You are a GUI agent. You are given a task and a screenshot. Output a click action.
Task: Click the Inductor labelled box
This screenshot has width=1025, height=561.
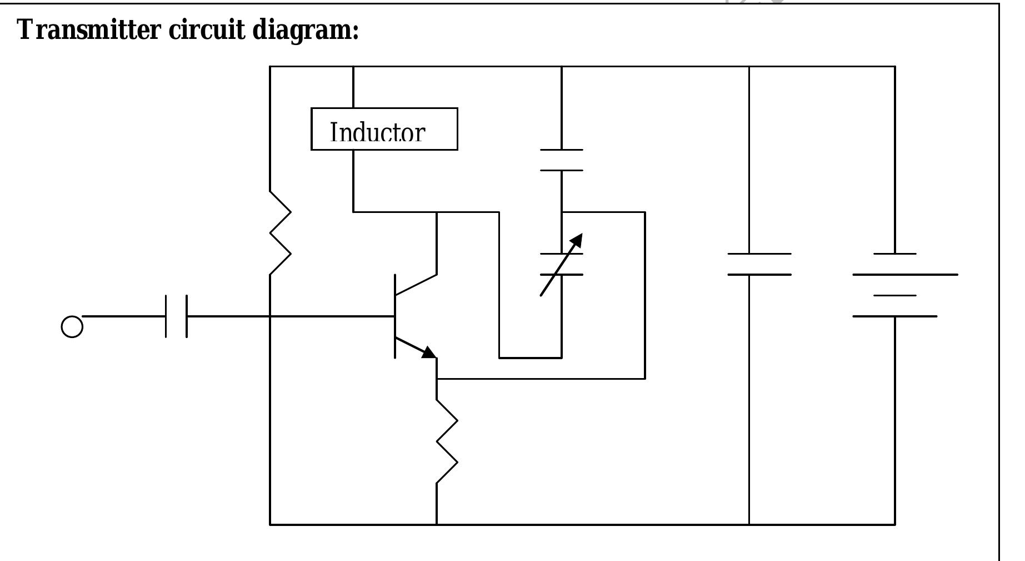pos(384,129)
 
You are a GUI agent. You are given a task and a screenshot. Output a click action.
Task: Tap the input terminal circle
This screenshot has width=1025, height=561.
pos(72,326)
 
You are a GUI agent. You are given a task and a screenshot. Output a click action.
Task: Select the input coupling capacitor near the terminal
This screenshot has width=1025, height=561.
pos(176,316)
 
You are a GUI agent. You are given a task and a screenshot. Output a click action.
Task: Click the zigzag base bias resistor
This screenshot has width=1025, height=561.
pos(281,233)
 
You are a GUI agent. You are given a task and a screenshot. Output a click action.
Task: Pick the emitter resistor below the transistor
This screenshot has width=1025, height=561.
pos(447,441)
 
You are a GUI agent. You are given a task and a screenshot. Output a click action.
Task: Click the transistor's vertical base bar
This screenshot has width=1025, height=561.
pos(395,316)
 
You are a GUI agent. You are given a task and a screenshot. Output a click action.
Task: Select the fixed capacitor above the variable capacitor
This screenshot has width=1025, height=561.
pos(562,160)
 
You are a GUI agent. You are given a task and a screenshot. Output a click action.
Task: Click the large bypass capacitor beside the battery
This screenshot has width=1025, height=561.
pos(759,264)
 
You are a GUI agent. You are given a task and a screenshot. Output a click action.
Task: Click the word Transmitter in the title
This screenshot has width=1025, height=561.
pos(89,29)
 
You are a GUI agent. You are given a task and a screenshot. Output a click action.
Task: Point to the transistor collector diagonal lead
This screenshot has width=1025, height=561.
pos(416,284)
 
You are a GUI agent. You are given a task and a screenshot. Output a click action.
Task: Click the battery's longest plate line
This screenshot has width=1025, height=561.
pos(905,274)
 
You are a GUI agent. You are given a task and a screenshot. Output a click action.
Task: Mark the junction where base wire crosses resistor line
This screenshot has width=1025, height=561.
pos(270,316)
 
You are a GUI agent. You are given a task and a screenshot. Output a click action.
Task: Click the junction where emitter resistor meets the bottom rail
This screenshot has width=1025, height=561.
pos(437,524)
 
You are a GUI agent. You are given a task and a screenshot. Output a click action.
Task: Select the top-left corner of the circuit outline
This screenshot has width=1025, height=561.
pos(270,66)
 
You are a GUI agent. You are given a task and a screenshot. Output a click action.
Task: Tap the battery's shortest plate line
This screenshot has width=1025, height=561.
pos(894,295)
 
